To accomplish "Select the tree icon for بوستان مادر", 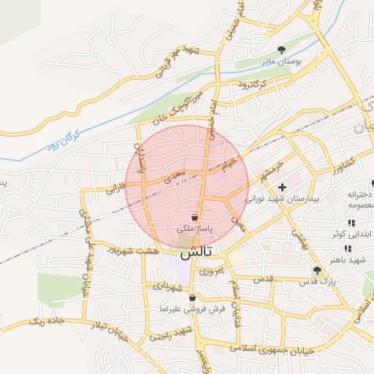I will pyautogui.click(x=282, y=50).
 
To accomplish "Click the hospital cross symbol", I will pyautogui.click(x=282, y=187).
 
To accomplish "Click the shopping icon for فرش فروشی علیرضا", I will pyautogui.click(x=192, y=298).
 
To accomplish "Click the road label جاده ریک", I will pyautogui.click(x=47, y=321).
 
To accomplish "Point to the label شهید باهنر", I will pyautogui.click(x=346, y=259).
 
